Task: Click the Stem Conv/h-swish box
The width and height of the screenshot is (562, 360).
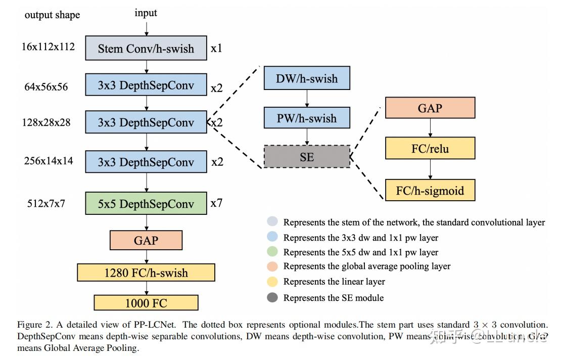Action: coord(146,49)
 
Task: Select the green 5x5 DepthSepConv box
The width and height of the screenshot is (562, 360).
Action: coord(146,204)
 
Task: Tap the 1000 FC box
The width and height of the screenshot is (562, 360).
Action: coord(146,303)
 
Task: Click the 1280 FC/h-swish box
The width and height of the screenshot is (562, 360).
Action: coord(146,273)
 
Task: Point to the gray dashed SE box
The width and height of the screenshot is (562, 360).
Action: coord(307,157)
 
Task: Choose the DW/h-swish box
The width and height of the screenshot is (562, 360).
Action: coord(307,79)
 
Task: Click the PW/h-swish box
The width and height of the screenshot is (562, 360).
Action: coord(307,118)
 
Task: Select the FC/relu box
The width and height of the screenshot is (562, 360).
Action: coord(430,149)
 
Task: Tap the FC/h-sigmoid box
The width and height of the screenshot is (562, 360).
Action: coord(430,191)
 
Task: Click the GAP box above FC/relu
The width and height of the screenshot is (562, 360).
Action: coord(430,108)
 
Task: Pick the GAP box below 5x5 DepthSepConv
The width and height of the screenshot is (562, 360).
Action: coord(146,241)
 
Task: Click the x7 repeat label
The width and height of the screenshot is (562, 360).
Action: coord(216,203)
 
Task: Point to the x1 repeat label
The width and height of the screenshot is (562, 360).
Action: coord(216,49)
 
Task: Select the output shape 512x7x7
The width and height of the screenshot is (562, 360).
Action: coord(46,204)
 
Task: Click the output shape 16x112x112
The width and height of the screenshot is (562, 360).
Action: coord(48,47)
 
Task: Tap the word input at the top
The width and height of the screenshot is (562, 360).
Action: coord(146,13)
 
